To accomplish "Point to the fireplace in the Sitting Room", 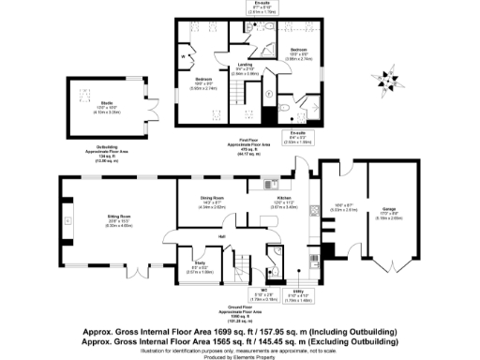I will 61,221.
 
